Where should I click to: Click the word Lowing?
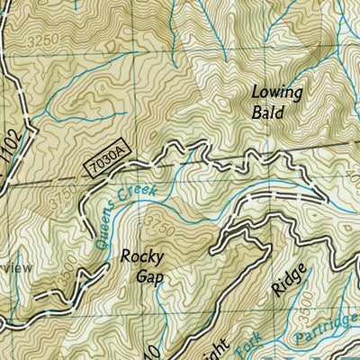[x=277, y=92]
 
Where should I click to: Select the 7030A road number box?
[x=107, y=164]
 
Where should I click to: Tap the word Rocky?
[x=142, y=255]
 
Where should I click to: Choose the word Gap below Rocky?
[x=142, y=275]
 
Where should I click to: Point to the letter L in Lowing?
[x=256, y=91]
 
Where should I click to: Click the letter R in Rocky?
[x=126, y=255]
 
